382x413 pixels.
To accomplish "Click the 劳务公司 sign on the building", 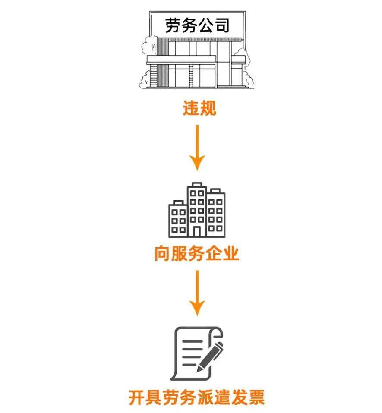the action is point(197,25).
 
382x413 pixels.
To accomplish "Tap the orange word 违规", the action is point(199,108).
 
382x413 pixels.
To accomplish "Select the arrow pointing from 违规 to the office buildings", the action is point(197,148).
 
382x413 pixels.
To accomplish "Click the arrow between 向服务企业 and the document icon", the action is point(197,293).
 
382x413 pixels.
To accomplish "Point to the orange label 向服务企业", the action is point(196,253).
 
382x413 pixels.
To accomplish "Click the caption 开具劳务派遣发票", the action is point(196,397).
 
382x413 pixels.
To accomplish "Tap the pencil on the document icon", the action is point(210,356).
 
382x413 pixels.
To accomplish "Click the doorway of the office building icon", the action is point(197,231).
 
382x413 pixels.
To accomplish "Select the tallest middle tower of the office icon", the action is point(197,210).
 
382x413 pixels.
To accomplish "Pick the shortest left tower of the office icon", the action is point(178,219).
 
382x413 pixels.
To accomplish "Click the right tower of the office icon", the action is point(216,213).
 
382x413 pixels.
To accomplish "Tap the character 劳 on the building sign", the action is point(174,25).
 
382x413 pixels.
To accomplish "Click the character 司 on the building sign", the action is point(221,25).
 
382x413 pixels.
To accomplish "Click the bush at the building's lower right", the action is point(248,79).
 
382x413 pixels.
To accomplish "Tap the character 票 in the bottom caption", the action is point(256,397).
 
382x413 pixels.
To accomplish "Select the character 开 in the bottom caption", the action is point(137,397).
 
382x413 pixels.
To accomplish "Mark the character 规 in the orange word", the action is point(208,108).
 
